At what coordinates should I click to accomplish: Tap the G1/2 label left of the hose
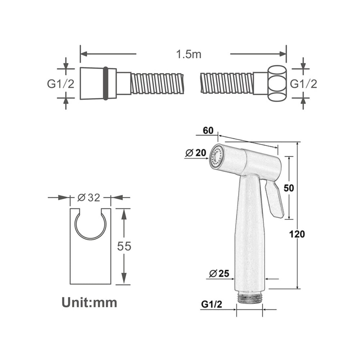60,84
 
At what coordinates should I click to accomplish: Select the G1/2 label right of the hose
303,84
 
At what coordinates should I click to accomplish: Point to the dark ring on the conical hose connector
105,83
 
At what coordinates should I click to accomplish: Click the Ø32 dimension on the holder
89,197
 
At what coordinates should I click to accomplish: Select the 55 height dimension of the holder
125,246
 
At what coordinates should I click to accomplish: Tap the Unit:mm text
89,302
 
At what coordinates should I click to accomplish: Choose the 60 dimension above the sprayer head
208,131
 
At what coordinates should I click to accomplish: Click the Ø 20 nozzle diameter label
196,153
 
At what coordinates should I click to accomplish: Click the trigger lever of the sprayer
275,200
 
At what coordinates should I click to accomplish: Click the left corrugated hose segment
157,83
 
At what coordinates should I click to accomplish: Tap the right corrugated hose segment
226,83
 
